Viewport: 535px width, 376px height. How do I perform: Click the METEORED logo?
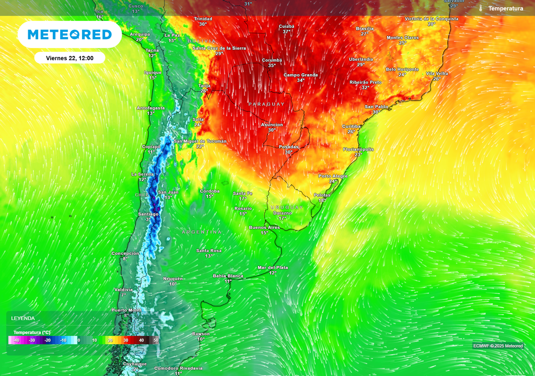69,34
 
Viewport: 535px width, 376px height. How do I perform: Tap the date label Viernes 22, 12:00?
70,58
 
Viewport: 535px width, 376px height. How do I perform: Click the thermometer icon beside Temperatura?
481,8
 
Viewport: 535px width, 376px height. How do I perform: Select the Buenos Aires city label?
264,227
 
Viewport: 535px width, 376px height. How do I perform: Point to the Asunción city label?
272,125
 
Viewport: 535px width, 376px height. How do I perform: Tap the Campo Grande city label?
300,75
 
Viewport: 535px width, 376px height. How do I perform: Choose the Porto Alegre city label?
333,176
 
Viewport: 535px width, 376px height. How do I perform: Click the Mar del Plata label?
272,267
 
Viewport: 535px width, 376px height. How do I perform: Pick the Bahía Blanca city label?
228,276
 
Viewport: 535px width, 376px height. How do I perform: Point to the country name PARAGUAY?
266,104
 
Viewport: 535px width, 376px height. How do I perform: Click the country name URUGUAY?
287,207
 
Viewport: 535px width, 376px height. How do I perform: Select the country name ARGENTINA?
202,231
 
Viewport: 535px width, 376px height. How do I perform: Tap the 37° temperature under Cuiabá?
286,32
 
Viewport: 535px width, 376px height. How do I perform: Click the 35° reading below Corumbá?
272,66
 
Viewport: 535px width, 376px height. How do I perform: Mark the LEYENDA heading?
23,318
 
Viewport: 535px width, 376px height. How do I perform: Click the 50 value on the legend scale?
156,340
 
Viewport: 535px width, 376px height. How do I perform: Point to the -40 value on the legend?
17,340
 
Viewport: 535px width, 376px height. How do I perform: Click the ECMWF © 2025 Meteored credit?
497,346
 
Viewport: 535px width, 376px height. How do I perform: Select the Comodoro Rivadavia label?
178,368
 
